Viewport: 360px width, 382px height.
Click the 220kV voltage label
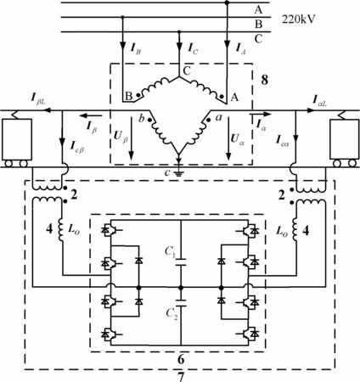coord(298,20)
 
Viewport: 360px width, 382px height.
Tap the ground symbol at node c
coord(178,171)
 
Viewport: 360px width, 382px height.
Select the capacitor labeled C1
coord(181,261)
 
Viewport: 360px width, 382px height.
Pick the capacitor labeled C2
coord(181,303)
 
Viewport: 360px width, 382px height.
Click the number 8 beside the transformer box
coord(264,80)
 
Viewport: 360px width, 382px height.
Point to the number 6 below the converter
coord(181,359)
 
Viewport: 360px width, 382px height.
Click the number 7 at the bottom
coord(181,377)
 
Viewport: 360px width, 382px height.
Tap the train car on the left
coord(17,143)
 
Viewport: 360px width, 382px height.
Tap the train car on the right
coord(344,143)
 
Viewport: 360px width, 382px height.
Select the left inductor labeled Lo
coord(61,230)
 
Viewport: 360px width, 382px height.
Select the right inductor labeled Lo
coord(295,230)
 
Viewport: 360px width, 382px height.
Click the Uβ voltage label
coord(121,138)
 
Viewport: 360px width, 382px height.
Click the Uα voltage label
coord(237,138)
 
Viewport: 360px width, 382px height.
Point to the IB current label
coord(136,48)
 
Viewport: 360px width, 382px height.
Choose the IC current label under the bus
coord(193,48)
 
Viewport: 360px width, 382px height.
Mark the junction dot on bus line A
coord(227,3)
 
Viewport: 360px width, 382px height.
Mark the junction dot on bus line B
coord(122,17)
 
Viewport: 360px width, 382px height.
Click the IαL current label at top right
coord(319,100)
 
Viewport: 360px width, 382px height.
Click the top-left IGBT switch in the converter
coord(109,230)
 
